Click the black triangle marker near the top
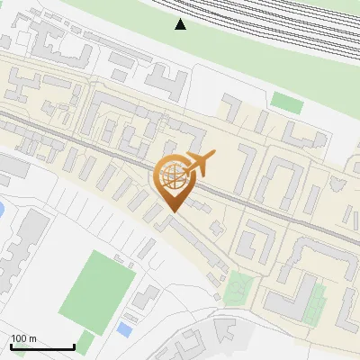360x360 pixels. (181, 24)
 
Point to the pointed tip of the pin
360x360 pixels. (172, 211)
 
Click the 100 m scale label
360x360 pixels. (24, 338)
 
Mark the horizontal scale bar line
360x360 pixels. (42, 346)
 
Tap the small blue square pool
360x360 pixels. (124, 330)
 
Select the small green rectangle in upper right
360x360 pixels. (287, 102)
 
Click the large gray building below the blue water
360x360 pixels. (22, 247)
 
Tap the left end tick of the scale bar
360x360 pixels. (11, 346)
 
